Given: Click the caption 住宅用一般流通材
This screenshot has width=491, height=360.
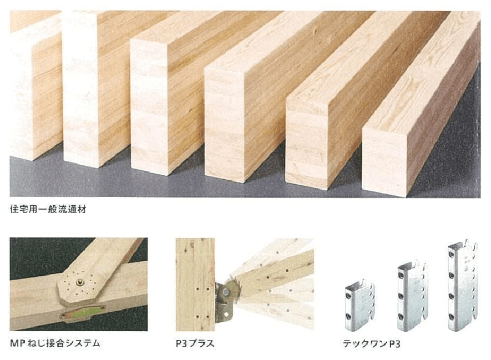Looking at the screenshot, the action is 48,209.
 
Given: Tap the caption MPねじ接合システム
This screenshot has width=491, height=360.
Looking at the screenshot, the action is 55,343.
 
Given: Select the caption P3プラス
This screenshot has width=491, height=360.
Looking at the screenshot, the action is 195,343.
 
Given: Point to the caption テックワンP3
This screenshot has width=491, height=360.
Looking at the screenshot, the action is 371,344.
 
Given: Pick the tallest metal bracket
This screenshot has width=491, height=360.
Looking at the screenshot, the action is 462,286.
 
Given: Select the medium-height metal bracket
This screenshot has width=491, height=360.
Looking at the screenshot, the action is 412,296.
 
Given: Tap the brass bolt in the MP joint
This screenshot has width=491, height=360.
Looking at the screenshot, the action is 79,283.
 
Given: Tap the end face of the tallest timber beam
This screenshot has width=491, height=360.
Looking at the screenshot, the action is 81,89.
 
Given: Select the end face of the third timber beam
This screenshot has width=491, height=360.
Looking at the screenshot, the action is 149,107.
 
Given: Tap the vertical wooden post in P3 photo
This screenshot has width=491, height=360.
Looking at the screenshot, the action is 195,285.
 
